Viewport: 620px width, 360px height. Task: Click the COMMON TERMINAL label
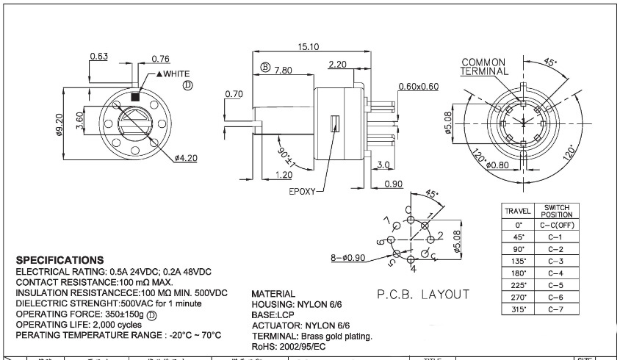click(x=485, y=66)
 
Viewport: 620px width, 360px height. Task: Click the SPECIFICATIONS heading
click(x=60, y=260)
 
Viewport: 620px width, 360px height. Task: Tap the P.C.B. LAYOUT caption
click(x=423, y=295)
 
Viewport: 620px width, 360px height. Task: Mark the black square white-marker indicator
click(x=135, y=96)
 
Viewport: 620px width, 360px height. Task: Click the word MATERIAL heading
click(x=273, y=293)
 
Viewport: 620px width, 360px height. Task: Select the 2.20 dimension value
click(x=338, y=65)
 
